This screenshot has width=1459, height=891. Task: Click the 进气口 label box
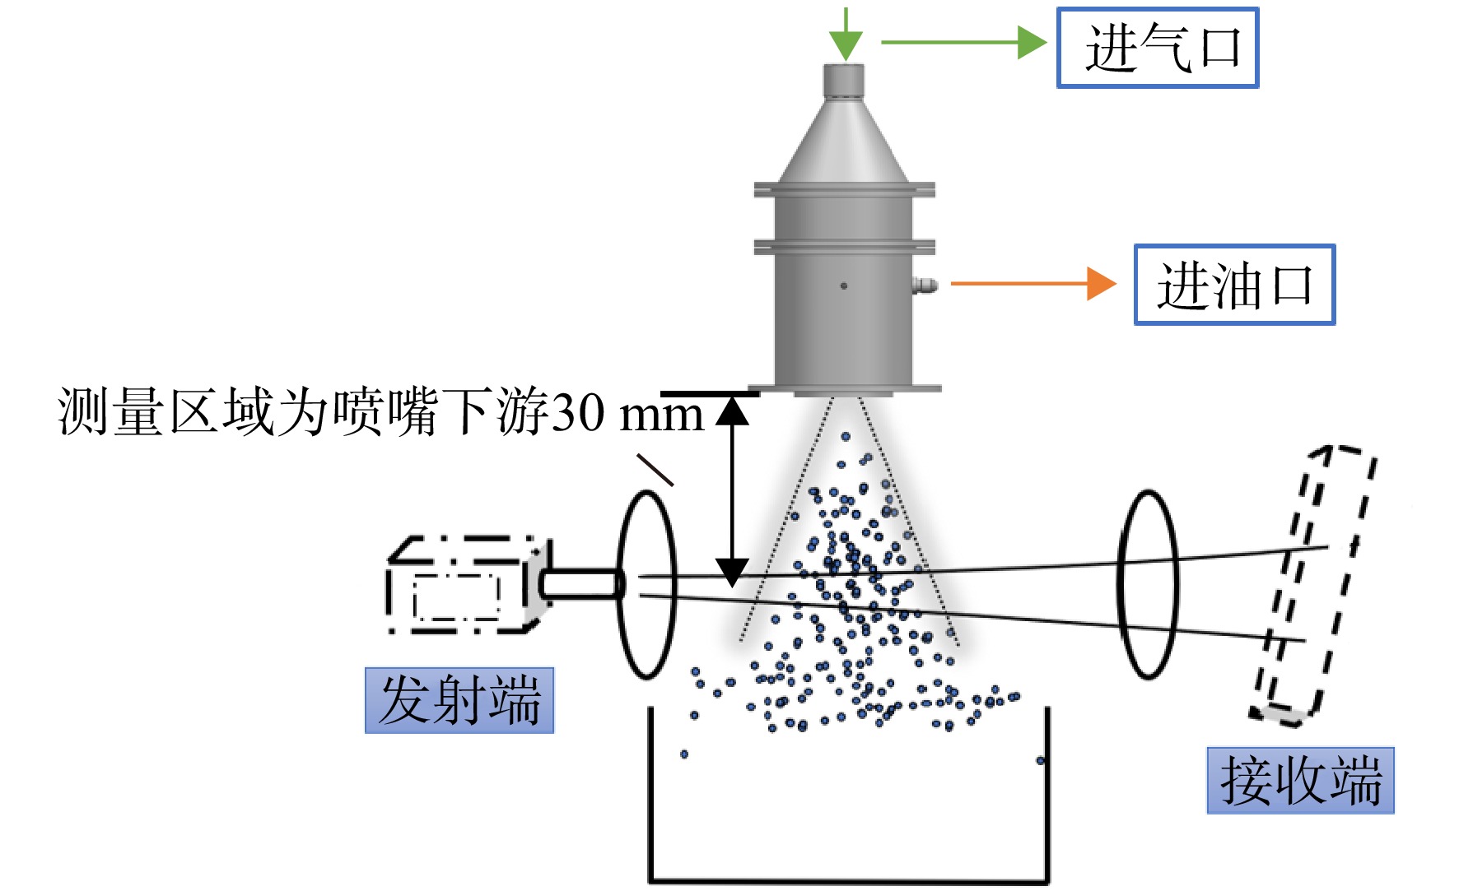[1158, 48]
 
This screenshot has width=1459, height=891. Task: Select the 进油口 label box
[1234, 285]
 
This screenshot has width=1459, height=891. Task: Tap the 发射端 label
[459, 700]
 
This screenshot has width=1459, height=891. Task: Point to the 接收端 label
[1301, 780]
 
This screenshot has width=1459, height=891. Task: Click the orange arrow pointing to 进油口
[1033, 284]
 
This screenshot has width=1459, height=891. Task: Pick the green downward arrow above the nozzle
[845, 34]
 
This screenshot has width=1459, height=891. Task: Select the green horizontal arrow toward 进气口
[964, 42]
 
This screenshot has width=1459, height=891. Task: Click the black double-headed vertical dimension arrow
[731, 491]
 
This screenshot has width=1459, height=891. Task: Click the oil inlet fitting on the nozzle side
[925, 285]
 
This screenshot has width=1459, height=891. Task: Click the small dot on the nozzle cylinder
[844, 285]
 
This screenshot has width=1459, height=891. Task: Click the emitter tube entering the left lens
[581, 584]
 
